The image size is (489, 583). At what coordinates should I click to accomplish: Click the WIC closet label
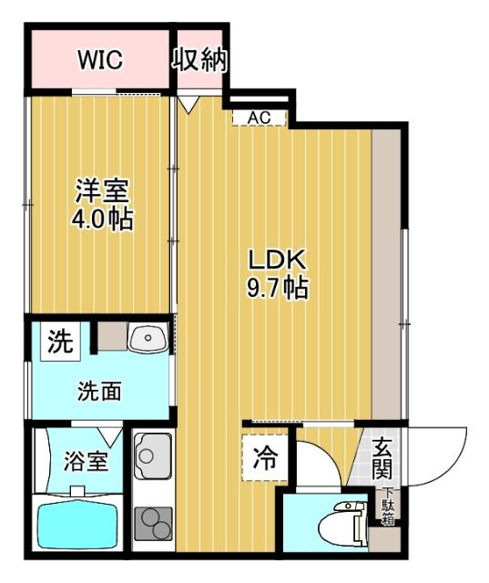coord(99,60)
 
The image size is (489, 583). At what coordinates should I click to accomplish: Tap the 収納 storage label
coord(199,60)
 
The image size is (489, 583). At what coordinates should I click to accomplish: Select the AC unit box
coord(260,118)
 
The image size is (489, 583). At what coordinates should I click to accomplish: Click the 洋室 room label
coord(102,192)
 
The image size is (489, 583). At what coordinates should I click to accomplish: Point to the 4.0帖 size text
coord(102,220)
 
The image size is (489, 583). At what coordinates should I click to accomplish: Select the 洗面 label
coord(100,392)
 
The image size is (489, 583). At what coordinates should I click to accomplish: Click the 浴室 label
coord(87,461)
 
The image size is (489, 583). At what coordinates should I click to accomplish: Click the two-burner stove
coord(152,525)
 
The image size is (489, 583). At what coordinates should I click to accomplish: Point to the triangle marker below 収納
coord(188,104)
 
